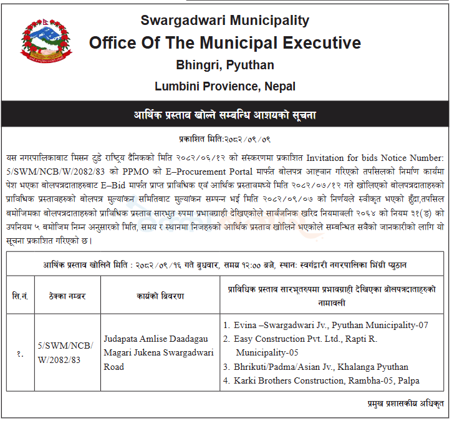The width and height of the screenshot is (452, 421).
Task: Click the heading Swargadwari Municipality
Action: [224, 20]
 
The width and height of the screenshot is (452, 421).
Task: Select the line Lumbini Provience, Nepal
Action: [224, 86]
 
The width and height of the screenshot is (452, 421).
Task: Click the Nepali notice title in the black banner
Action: [225, 115]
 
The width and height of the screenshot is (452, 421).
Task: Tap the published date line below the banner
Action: [225, 139]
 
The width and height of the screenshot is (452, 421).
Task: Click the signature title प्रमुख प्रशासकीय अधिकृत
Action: [403, 404]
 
